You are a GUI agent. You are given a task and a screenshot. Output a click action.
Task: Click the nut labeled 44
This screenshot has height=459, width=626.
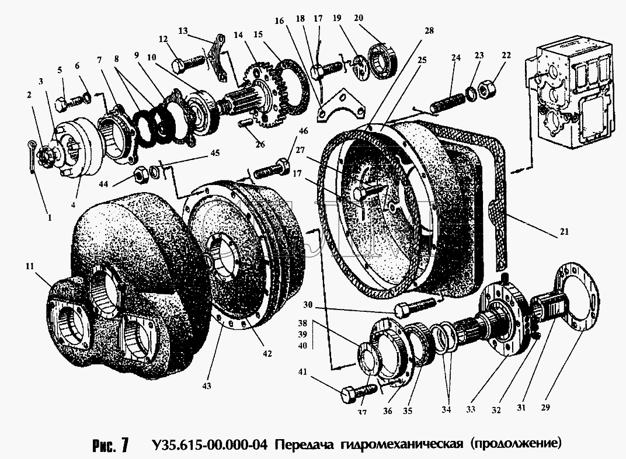141,174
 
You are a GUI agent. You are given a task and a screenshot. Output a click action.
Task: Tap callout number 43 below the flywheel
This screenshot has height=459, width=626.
207,386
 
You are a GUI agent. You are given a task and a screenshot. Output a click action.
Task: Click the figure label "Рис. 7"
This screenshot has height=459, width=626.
110,445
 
